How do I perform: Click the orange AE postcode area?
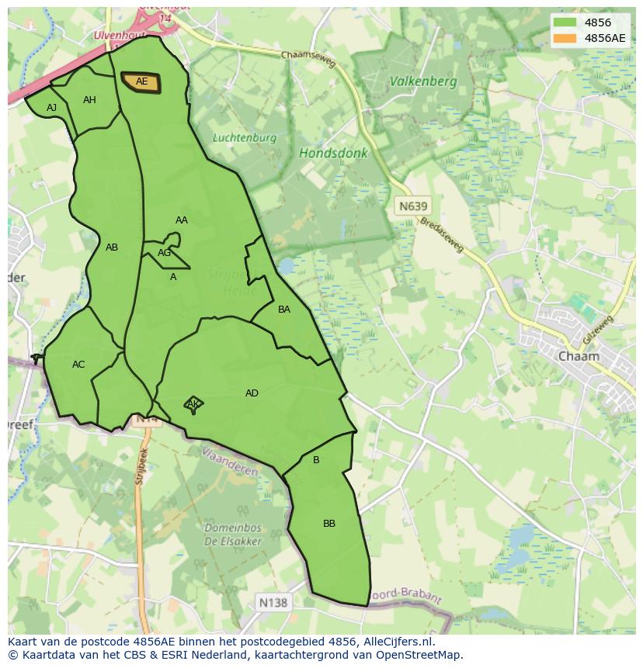click(141, 82)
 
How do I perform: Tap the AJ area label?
click(52, 108)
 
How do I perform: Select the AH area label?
click(89, 100)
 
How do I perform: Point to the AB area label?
click(112, 247)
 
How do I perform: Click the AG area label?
click(164, 253)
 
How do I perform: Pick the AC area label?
click(78, 365)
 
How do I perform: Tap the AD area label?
click(252, 393)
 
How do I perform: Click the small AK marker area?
click(193, 404)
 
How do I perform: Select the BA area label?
click(284, 310)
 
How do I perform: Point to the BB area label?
click(329, 524)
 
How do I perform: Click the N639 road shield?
click(412, 206)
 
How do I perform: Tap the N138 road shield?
click(273, 602)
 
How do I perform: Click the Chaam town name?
click(579, 356)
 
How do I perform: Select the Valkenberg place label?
click(423, 81)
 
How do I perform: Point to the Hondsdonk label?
click(333, 154)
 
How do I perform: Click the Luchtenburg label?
click(245, 138)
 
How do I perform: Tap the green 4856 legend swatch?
click(565, 22)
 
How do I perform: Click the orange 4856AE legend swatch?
click(565, 38)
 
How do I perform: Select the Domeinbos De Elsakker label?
click(233, 535)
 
